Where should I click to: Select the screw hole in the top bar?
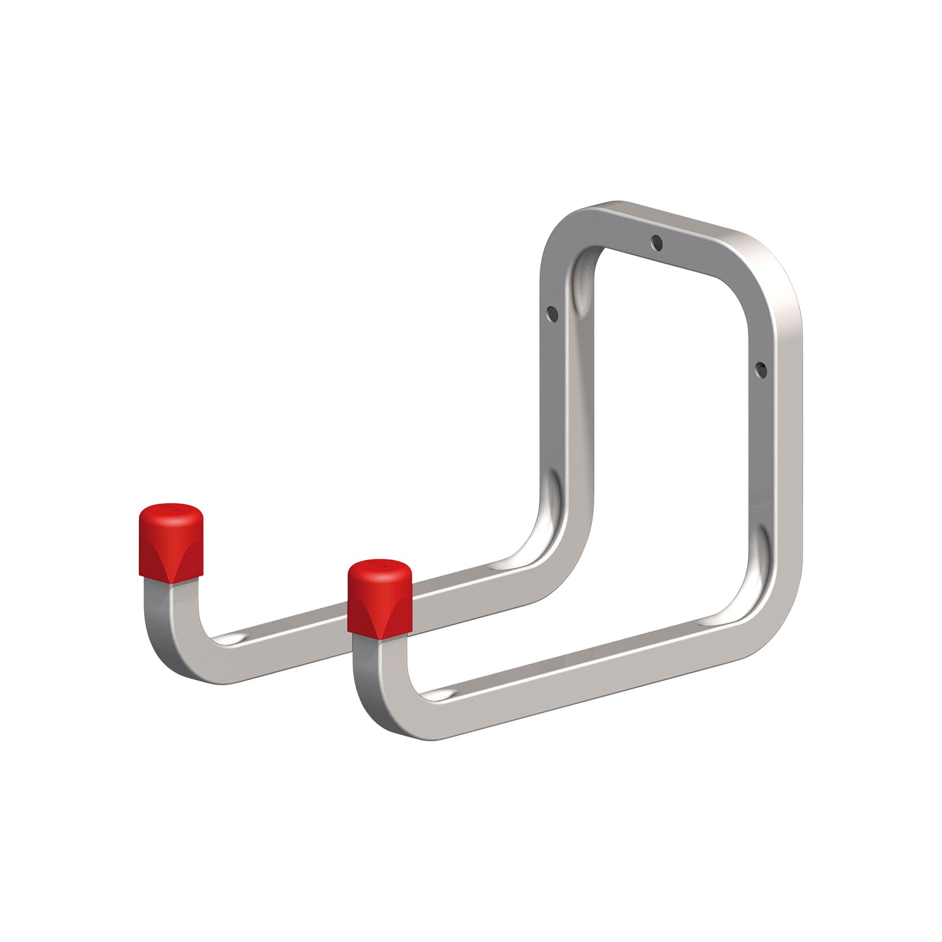[x=657, y=243]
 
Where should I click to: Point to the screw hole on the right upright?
[x=758, y=369]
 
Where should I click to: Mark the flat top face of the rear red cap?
[x=171, y=510]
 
